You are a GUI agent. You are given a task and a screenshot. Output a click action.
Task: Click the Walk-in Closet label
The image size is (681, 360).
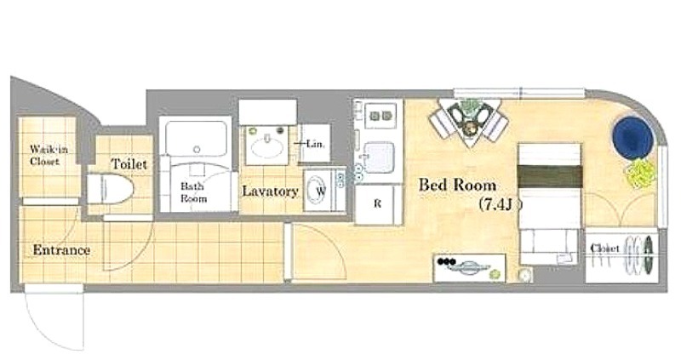49,156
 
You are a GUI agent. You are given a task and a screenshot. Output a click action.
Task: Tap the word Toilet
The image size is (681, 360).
129,164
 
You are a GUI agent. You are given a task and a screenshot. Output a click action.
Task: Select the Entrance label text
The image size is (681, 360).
61,250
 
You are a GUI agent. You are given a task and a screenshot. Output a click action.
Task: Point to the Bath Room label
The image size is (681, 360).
193,192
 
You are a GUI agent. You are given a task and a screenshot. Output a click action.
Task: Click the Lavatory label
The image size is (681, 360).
270,191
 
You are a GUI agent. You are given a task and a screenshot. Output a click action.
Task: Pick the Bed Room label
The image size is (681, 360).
457,185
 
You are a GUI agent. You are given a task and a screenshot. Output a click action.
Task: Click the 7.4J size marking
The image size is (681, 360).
500,204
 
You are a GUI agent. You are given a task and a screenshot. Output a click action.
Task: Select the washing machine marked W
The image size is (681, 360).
320,190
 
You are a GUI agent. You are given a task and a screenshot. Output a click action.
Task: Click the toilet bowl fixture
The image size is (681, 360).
111,189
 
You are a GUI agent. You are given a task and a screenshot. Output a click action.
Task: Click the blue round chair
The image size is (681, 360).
632,137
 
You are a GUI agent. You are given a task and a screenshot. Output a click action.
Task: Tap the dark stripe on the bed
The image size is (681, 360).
550,176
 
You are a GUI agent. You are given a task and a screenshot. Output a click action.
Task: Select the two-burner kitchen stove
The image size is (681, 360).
381,116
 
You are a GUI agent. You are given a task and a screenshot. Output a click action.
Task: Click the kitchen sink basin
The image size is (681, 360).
379,157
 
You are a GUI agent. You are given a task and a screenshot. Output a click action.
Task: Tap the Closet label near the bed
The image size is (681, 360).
604,249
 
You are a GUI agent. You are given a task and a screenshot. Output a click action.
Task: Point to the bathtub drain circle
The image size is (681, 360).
197,150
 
